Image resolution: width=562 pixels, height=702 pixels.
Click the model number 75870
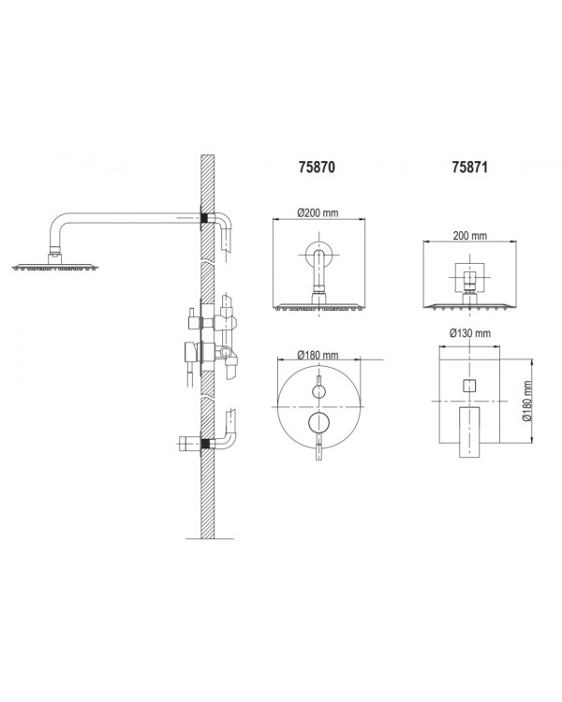click(x=317, y=167)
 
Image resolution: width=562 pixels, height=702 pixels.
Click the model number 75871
click(x=469, y=167)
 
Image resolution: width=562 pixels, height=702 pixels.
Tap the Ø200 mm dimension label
click(x=318, y=212)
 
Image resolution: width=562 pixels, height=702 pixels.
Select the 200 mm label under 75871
click(x=469, y=235)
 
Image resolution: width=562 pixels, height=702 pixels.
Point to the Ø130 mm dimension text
click(x=469, y=333)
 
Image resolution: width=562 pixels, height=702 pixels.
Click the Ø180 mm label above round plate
click(x=318, y=355)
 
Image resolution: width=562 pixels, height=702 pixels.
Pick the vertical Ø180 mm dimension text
click(x=527, y=402)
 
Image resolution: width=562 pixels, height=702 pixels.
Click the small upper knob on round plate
click(x=318, y=391)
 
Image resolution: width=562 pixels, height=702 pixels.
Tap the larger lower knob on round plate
click(x=318, y=422)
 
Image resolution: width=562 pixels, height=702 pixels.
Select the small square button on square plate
click(x=469, y=385)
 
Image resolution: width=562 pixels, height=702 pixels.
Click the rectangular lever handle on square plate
click(x=469, y=432)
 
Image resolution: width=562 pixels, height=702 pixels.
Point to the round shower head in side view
click(x=55, y=268)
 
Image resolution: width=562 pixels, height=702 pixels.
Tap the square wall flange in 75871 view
click(x=469, y=276)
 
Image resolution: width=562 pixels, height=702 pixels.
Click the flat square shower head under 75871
click(x=469, y=306)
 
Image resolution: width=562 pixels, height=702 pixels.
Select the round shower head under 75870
click(x=318, y=307)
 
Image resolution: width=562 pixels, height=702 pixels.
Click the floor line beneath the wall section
click(x=210, y=538)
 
